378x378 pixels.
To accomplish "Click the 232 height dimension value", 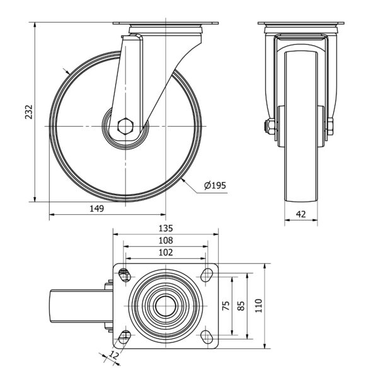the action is coord(29,112).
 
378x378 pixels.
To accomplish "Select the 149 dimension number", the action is coord(96,209).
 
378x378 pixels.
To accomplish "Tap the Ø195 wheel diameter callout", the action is coord(215,185).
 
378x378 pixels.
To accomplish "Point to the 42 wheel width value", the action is coord(301,214).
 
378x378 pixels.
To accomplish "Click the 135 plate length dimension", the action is coord(166,228).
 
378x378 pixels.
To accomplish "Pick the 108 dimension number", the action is coord(166,241).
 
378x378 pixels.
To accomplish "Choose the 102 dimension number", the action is coord(166,253).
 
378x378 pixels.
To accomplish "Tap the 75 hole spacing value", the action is coord(226,306).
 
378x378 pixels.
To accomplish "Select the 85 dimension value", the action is coord(241,306).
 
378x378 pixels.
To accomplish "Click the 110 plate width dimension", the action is coord(258,306).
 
